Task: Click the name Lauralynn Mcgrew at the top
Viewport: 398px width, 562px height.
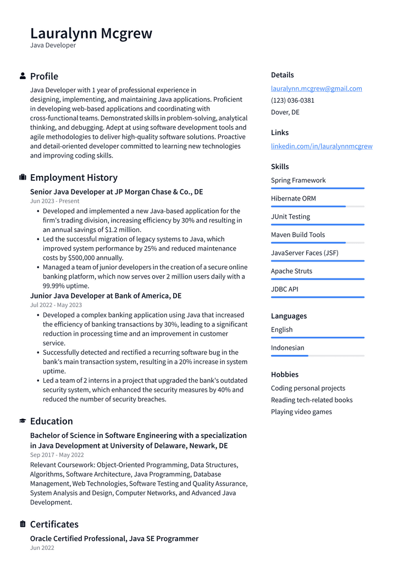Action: (91, 33)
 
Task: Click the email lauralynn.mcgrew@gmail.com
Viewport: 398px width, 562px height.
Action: (316, 88)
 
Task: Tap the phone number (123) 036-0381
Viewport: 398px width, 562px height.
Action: (292, 101)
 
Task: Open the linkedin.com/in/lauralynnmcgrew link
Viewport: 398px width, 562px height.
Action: (321, 146)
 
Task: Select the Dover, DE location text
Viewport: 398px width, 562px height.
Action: (285, 112)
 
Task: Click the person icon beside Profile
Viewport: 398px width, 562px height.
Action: (23, 76)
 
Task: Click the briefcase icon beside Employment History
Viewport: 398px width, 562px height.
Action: (23, 177)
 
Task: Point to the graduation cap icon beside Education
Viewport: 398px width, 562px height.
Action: (23, 421)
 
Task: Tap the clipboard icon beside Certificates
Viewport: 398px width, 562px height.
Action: (23, 524)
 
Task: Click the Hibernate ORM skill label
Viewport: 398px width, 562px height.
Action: (293, 198)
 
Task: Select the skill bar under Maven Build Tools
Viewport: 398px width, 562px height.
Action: (317, 242)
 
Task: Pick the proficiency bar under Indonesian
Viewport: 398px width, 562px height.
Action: (317, 355)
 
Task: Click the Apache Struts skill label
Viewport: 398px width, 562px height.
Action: (291, 271)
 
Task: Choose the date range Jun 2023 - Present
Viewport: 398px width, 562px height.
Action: (54, 201)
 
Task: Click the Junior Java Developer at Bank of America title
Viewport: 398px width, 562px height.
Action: (106, 296)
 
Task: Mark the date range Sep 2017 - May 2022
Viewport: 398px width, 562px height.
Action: (57, 455)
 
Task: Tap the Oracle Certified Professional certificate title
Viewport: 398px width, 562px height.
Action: (114, 538)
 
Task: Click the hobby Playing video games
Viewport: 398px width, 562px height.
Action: (301, 411)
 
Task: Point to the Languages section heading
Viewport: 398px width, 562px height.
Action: (289, 316)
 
